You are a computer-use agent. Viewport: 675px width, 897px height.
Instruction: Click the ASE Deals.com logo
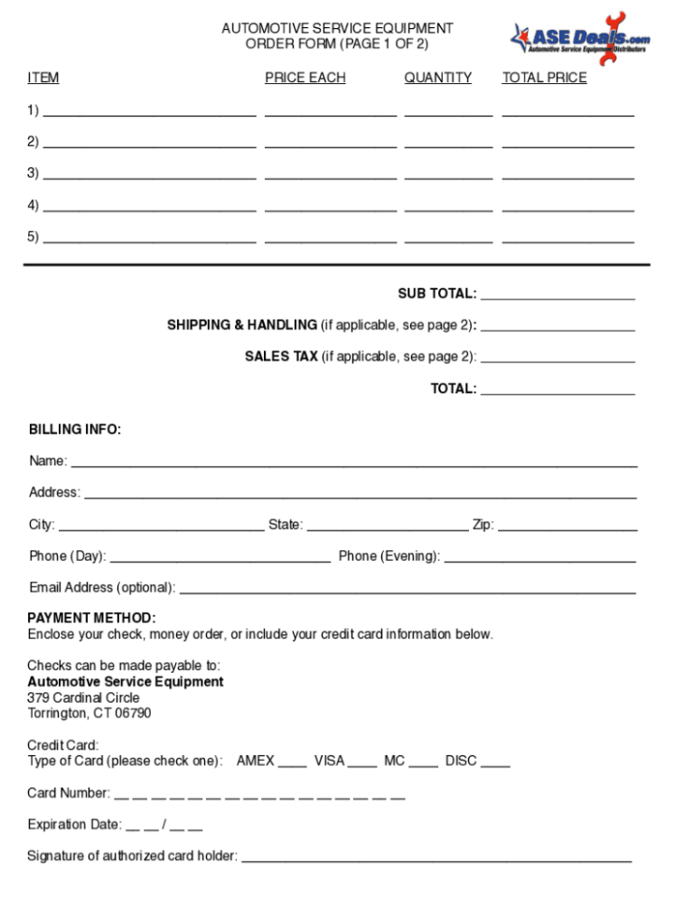579,37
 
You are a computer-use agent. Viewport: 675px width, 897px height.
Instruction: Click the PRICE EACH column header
305,78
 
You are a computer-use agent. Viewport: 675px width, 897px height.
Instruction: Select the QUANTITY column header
437,78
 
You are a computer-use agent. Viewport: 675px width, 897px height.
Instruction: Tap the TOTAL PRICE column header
544,78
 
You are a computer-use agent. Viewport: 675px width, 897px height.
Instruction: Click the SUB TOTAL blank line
558,295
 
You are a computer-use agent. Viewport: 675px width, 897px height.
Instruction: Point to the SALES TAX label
281,357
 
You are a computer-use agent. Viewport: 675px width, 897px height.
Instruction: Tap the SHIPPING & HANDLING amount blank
558,327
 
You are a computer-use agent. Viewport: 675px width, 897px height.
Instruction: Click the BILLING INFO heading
75,430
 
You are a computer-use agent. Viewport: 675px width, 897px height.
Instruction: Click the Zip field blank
567,528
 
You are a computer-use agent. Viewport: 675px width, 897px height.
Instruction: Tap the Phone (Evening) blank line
539,559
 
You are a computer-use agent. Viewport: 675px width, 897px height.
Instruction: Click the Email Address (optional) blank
408,591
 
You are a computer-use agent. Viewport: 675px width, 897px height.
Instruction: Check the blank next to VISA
362,764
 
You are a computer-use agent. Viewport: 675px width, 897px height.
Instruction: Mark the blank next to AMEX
292,764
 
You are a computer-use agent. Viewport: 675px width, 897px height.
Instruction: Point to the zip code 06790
132,714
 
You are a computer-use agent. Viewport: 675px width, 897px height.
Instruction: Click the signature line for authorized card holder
436,859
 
